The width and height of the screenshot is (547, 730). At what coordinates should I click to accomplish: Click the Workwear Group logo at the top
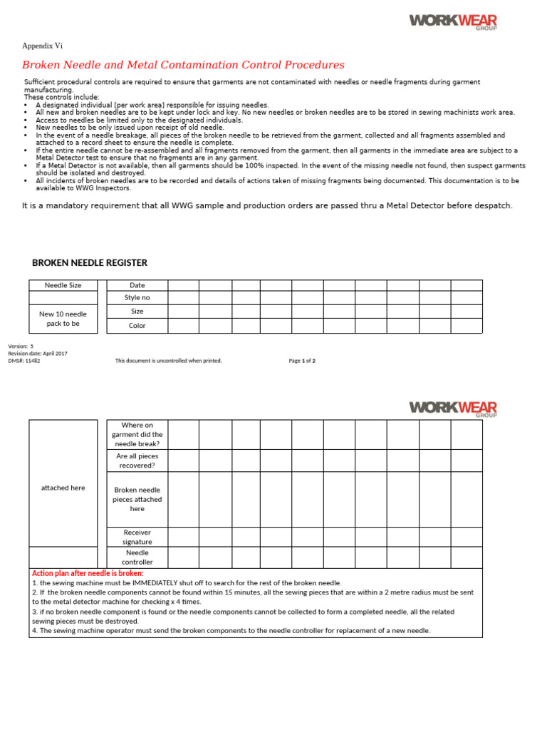pyautogui.click(x=452, y=21)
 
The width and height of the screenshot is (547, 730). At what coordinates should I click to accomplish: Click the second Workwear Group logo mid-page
pyautogui.click(x=452, y=408)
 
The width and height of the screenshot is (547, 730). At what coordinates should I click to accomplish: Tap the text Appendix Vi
pyautogui.click(x=42, y=46)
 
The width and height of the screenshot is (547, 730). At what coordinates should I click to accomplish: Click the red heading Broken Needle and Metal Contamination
pyautogui.click(x=183, y=65)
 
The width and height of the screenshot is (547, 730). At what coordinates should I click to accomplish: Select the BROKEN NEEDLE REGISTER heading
pyautogui.click(x=90, y=263)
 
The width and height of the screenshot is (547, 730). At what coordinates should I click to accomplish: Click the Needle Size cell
pyautogui.click(x=63, y=285)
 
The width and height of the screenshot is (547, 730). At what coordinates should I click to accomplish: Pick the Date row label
pyautogui.click(x=137, y=285)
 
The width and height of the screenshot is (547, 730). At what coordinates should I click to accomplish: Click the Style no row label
pyautogui.click(x=137, y=297)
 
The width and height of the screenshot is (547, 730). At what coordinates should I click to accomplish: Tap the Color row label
pyautogui.click(x=137, y=326)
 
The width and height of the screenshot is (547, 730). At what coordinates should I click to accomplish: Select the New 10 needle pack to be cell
pyautogui.click(x=63, y=319)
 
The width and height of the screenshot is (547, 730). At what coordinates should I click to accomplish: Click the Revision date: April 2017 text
pyautogui.click(x=38, y=354)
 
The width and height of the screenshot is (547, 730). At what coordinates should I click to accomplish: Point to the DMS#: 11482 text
pyautogui.click(x=24, y=361)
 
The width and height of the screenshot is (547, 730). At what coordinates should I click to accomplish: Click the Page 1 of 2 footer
pyautogui.click(x=302, y=361)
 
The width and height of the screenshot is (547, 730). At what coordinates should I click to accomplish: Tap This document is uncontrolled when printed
pyautogui.click(x=169, y=361)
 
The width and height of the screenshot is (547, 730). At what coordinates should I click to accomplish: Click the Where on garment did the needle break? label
pyautogui.click(x=137, y=434)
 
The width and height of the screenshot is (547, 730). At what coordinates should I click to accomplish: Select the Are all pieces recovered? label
pyautogui.click(x=137, y=461)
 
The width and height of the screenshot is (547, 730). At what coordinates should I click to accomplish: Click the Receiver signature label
pyautogui.click(x=137, y=537)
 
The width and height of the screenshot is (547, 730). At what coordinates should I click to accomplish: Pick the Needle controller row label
pyautogui.click(x=137, y=557)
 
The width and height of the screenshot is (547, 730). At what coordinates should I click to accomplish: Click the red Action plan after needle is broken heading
pyautogui.click(x=88, y=573)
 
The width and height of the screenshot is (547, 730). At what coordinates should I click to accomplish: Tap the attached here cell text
pyautogui.click(x=63, y=488)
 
